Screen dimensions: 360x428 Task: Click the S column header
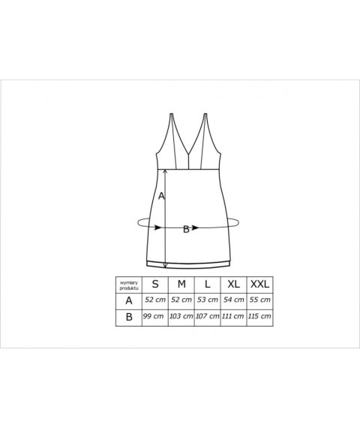pyautogui.click(x=155, y=284)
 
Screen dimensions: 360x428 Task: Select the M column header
pyautogui.click(x=181, y=284)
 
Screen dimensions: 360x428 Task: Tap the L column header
pyautogui.click(x=208, y=284)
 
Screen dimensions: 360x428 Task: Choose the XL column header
pyautogui.click(x=234, y=284)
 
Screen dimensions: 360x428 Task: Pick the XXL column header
pyautogui.click(x=260, y=284)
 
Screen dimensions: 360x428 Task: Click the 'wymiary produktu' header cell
pyautogui.click(x=129, y=285)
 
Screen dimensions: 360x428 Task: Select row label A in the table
pyautogui.click(x=129, y=301)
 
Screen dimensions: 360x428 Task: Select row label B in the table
pyautogui.click(x=129, y=317)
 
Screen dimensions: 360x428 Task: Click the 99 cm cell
pyautogui.click(x=153, y=316)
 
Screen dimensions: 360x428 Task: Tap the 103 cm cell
pyautogui.click(x=181, y=316)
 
